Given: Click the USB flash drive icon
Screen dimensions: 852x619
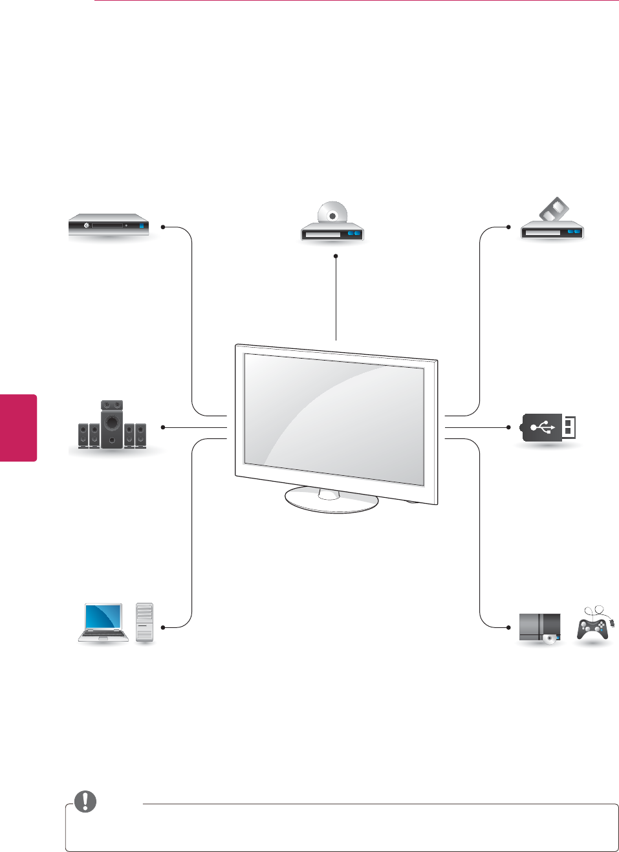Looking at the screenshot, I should coord(548,428).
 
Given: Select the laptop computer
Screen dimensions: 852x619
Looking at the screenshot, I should coord(102,622).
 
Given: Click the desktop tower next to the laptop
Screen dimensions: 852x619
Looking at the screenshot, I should coord(145,622).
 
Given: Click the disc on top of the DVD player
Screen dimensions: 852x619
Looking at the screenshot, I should coord(332,214).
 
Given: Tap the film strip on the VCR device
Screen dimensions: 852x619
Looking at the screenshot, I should coord(555,210).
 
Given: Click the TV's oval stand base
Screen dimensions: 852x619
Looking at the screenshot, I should coord(332,500).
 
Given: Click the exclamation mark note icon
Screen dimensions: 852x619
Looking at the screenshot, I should coord(85,802).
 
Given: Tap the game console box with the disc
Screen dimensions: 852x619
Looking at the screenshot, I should coord(540,627).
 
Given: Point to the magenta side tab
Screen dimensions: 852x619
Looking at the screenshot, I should coord(18,427).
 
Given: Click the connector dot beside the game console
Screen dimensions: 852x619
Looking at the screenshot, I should coord(509,627).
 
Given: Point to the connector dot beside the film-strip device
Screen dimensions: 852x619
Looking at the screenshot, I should coord(509,227).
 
